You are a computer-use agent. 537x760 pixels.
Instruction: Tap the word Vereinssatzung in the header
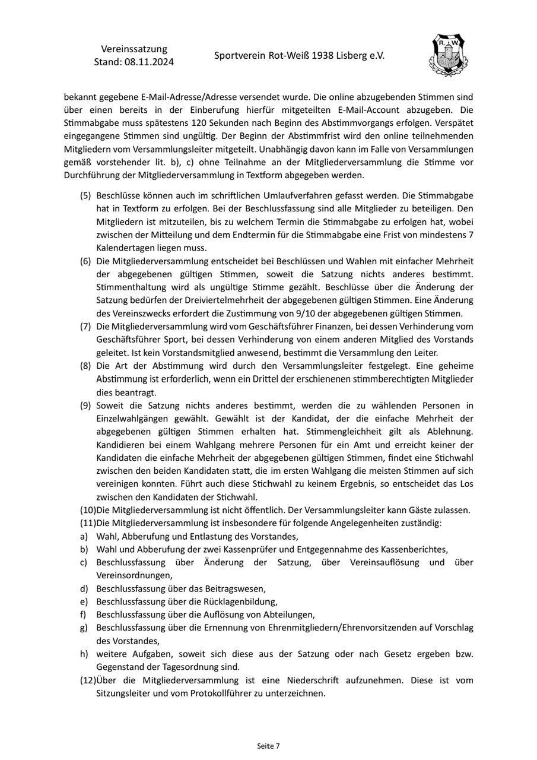pos(134,49)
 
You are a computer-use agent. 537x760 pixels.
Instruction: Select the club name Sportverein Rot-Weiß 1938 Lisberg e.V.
pos(299,56)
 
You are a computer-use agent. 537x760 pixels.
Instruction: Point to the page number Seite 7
pos(268,746)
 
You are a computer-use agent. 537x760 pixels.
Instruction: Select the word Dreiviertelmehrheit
pos(208,300)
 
